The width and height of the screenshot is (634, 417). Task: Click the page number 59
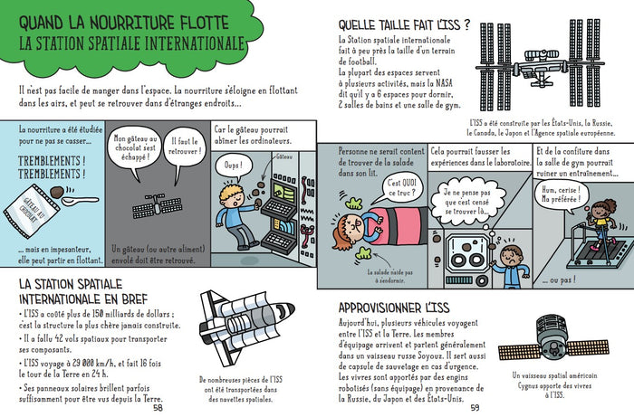click(475, 408)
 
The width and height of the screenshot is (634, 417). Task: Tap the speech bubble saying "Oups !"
click(235, 166)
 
